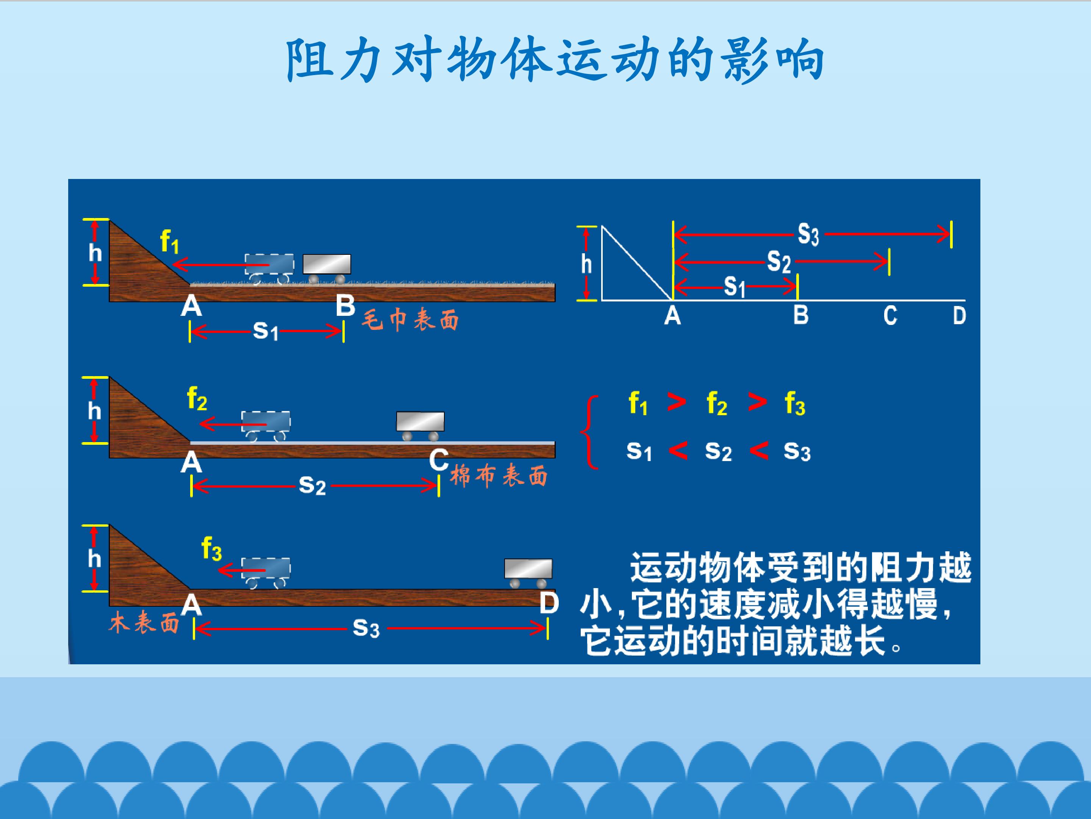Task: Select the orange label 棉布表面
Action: pyautogui.click(x=499, y=476)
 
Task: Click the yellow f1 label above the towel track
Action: pyautogui.click(x=169, y=242)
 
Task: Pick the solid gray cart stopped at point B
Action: pyautogui.click(x=327, y=268)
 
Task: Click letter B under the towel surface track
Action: pyautogui.click(x=345, y=306)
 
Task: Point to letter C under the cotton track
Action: pyautogui.click(x=438, y=460)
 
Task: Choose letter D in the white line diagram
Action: pyautogui.click(x=959, y=315)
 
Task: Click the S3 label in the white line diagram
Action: pyautogui.click(x=808, y=234)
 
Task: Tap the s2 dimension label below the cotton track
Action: pyautogui.click(x=312, y=485)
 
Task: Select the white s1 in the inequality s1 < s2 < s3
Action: pyautogui.click(x=639, y=451)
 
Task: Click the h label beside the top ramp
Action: pyautogui.click(x=95, y=253)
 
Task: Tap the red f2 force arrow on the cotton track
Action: pyautogui.click(x=233, y=424)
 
